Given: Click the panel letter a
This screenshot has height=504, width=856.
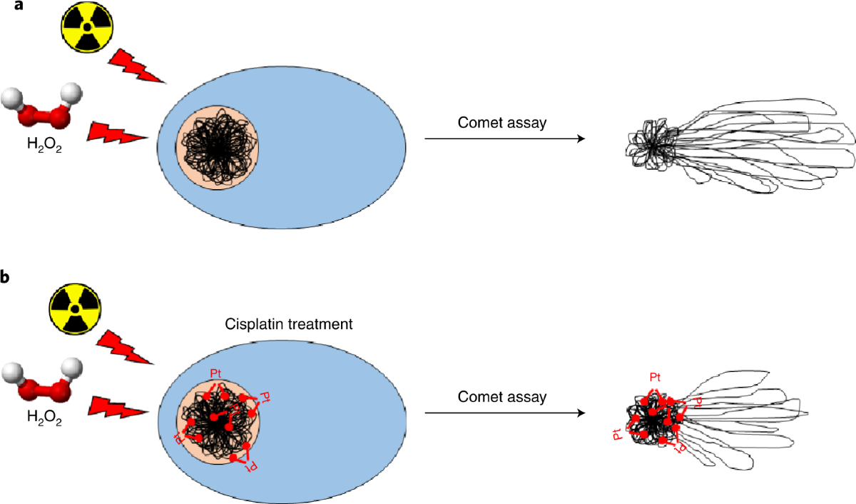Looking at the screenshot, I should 8,9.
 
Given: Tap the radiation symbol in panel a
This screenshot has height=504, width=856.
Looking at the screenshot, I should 86,26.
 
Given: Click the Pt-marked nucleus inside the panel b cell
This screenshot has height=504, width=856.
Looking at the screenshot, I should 219,421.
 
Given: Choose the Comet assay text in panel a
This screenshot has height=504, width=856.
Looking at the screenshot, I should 502,123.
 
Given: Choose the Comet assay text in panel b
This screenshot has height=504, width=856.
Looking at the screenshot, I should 502,397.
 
